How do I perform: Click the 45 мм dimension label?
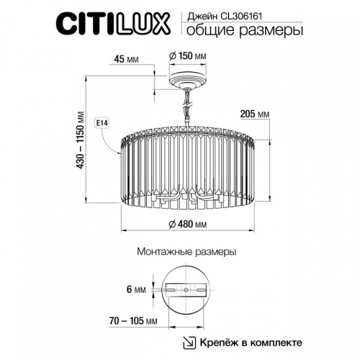pyautogui.click(x=126, y=60)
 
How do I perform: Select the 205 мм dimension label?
pyautogui.click(x=253, y=114)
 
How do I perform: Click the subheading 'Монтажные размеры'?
pyautogui.click(x=186, y=253)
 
